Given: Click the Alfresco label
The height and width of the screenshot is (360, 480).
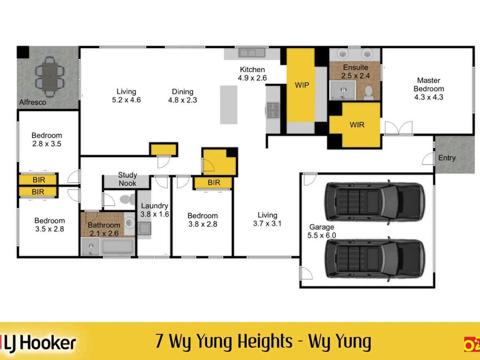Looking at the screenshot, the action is pos(32,102).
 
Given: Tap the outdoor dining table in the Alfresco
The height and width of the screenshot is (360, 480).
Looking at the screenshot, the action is pos(50,77).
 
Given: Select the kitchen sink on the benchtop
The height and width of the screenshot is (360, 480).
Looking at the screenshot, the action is pos(252,53).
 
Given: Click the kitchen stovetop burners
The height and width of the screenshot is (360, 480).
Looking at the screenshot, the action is pos(273,110).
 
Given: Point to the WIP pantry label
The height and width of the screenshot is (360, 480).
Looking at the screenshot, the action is pos(302,85).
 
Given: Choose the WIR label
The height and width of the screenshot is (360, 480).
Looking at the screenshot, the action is pos(357,125).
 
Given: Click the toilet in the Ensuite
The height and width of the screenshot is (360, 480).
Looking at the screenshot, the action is pos(369,93).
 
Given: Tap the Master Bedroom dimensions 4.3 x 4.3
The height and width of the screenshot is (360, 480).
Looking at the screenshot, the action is pos(429,97).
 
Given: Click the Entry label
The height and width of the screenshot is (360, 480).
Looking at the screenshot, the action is pos(447,158).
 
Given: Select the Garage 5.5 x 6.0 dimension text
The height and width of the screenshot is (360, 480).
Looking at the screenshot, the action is pos(322,236).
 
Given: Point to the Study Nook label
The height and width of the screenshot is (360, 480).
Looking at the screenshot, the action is pos(128,179).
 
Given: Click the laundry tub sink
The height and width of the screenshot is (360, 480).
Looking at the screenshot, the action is pos(144,228).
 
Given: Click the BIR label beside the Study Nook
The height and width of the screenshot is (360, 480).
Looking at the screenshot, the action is pos(214,182).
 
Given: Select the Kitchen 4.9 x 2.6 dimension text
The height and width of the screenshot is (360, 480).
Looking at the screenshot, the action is pos(252,78).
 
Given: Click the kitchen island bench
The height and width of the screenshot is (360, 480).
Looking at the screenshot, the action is pos(229,105).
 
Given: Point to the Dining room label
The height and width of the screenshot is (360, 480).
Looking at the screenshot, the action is pos(182,92).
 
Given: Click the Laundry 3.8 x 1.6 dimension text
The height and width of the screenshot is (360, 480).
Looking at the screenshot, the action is pos(155,214).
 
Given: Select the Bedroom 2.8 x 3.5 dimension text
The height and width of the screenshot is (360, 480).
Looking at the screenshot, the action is pos(46,144).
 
